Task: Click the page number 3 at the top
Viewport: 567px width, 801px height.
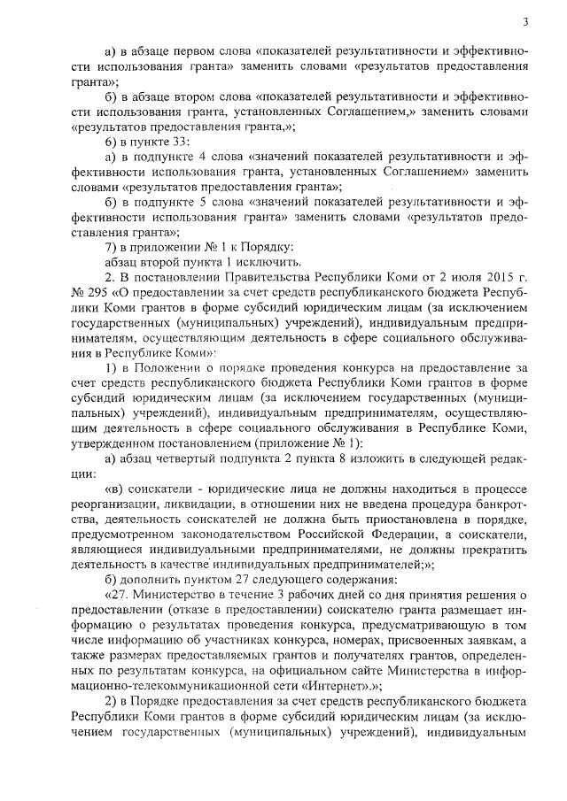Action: point(526,21)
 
